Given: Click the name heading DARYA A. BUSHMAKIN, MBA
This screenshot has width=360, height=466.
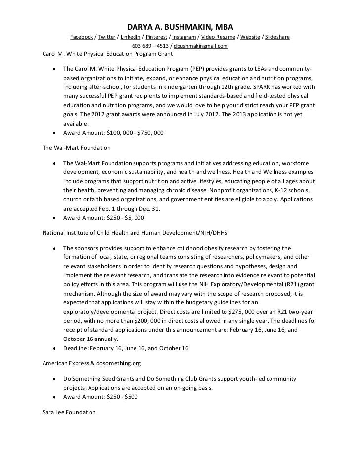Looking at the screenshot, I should click(x=180, y=26).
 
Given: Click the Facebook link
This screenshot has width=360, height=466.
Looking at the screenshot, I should click(x=82, y=37).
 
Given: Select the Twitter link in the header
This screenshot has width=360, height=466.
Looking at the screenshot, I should click(x=107, y=37).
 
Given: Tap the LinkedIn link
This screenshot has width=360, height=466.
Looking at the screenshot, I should click(x=131, y=37).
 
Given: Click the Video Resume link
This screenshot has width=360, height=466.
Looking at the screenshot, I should click(x=217, y=37).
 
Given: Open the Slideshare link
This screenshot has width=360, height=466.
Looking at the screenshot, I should click(x=275, y=37).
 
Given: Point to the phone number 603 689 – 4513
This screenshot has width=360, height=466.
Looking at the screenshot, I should click(x=150, y=46).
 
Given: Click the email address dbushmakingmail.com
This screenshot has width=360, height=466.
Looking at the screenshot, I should click(x=200, y=46).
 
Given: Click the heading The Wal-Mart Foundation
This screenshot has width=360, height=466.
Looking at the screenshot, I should click(x=77, y=147).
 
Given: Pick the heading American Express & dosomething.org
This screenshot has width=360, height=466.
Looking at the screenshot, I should click(x=92, y=363).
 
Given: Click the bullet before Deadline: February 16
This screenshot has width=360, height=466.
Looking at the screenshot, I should click(x=53, y=349).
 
